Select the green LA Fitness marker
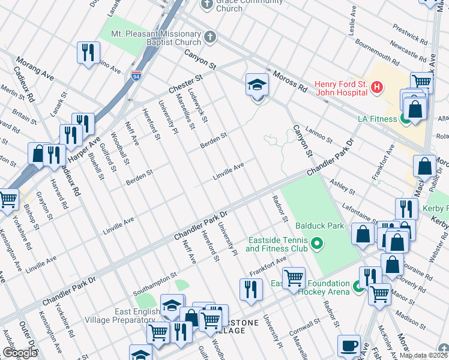point(406,119)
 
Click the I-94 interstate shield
point(136,76)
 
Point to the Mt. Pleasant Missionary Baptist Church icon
point(209,38)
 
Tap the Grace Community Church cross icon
point(207,5)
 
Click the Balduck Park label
point(319,227)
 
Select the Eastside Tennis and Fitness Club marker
point(318,244)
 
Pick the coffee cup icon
point(349,346)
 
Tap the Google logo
point(20,353)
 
